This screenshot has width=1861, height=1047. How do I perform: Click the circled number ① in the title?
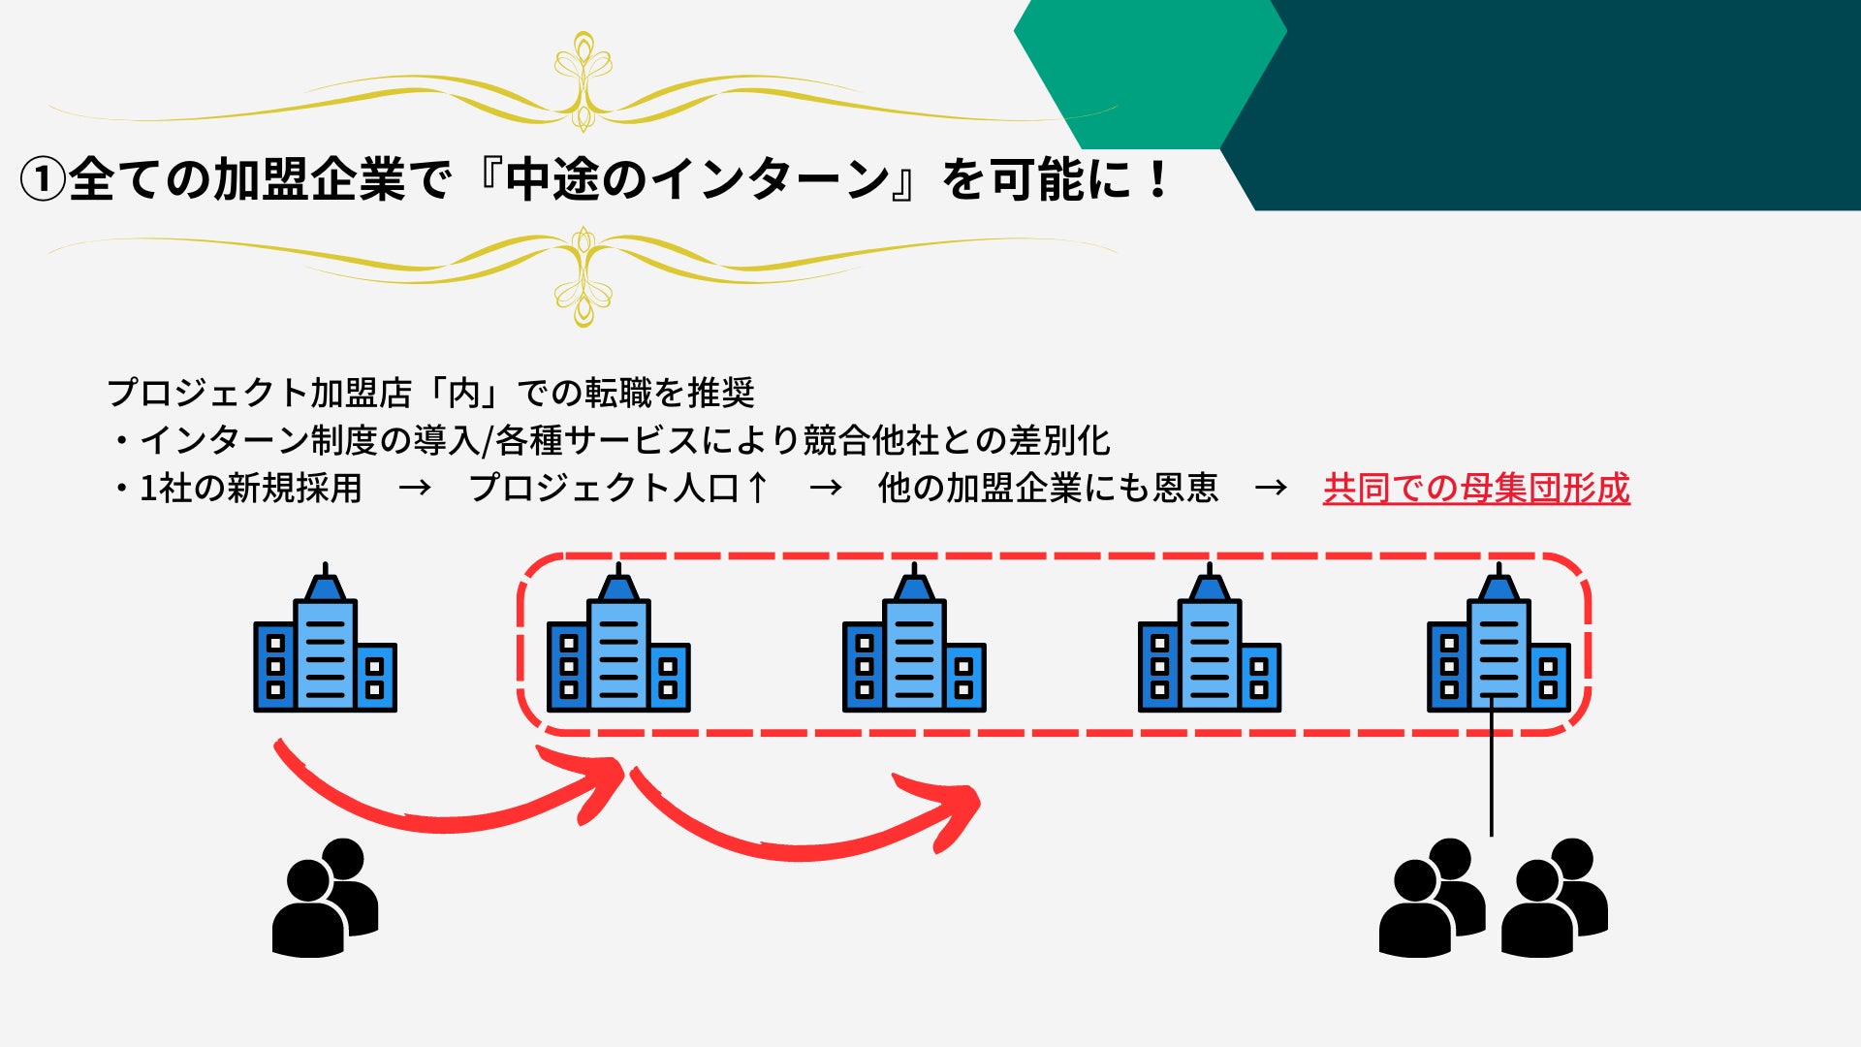[43, 180]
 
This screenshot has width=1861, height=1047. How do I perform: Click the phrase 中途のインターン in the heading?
[697, 180]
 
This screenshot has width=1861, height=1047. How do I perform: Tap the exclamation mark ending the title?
[1157, 180]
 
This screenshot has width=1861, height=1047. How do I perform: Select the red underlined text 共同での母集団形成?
[1475, 489]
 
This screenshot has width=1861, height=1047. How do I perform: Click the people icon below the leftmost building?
[326, 898]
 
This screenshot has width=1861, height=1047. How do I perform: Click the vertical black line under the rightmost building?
[1491, 776]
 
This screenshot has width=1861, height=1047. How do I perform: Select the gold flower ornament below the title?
[583, 277]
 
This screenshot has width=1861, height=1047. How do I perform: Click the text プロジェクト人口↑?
[618, 489]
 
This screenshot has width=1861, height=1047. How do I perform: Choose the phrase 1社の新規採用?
[250, 489]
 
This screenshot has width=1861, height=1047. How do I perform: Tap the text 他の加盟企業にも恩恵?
[1047, 489]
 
